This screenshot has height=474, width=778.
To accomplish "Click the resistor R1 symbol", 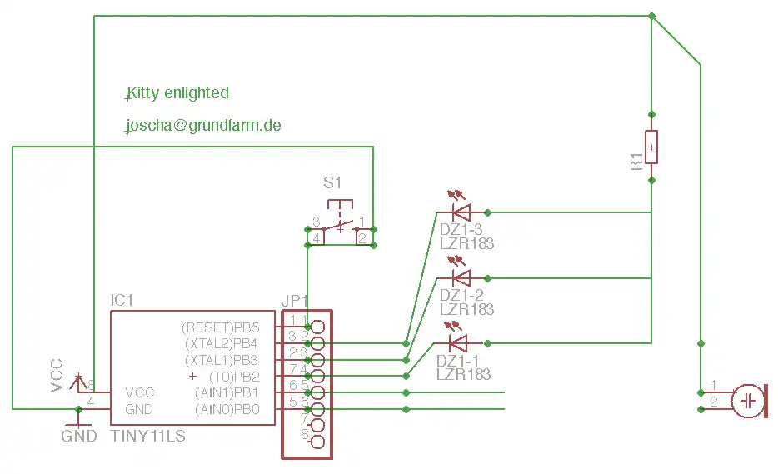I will [x=651, y=147].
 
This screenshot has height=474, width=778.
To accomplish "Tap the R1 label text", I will [x=637, y=162].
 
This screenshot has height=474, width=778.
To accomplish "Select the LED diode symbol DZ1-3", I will [x=459, y=212].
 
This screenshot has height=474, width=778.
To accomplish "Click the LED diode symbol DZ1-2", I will [x=459, y=277].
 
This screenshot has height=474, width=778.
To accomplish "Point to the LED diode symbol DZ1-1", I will [x=457, y=342].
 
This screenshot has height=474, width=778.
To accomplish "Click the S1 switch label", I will [x=332, y=182].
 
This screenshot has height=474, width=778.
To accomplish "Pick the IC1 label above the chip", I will [x=122, y=300].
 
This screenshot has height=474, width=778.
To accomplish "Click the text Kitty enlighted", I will [x=177, y=92].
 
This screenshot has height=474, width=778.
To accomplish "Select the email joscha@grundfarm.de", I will [x=202, y=126].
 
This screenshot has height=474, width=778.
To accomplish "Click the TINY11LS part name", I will [x=147, y=436].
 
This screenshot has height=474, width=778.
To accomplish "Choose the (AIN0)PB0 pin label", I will [x=227, y=409].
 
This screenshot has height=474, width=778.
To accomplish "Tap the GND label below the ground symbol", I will [x=79, y=436].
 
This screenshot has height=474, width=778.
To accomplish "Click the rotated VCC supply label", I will [x=57, y=375].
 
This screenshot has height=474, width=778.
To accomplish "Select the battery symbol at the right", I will [x=748, y=401].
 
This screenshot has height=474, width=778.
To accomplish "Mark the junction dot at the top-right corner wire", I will [x=651, y=16].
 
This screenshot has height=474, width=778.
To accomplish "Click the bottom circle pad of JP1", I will [x=317, y=442].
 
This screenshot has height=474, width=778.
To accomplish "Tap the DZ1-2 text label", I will [x=461, y=295].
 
